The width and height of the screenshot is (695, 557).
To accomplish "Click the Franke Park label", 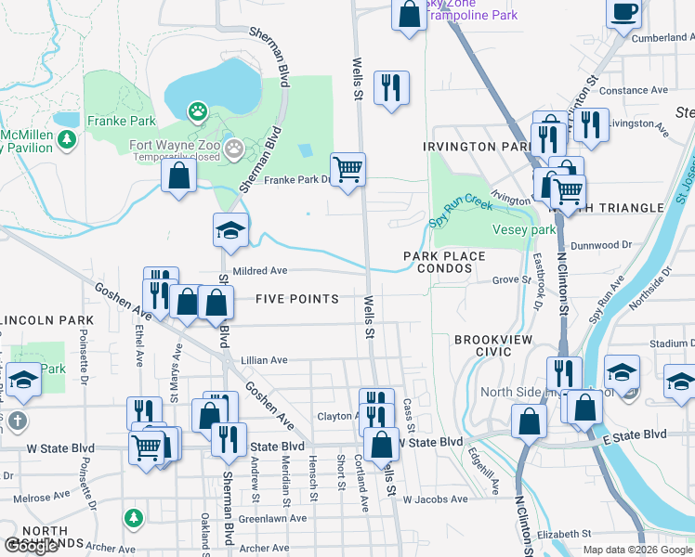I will tap(121, 121).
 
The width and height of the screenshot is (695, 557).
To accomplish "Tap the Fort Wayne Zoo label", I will tap(173, 145).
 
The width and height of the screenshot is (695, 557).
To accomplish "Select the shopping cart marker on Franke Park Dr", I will tap(347, 170).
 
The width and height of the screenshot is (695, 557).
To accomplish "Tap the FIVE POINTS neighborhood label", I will tap(296, 299).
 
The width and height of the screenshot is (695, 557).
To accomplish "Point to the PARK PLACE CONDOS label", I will tap(444, 263).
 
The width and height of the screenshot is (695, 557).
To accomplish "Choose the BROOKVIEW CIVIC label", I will tap(493, 345).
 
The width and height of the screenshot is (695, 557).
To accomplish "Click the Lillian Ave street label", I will tap(265, 360).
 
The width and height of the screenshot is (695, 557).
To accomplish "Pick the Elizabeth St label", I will tap(564, 534).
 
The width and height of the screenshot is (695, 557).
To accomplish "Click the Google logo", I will tap(31, 547).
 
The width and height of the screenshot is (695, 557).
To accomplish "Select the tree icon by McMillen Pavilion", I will tap(66, 140).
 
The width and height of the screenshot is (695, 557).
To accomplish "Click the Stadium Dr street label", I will tap(673, 343).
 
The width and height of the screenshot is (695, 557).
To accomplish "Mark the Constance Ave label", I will tap(635, 91).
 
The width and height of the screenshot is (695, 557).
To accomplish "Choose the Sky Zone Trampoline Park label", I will tap(471, 9).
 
